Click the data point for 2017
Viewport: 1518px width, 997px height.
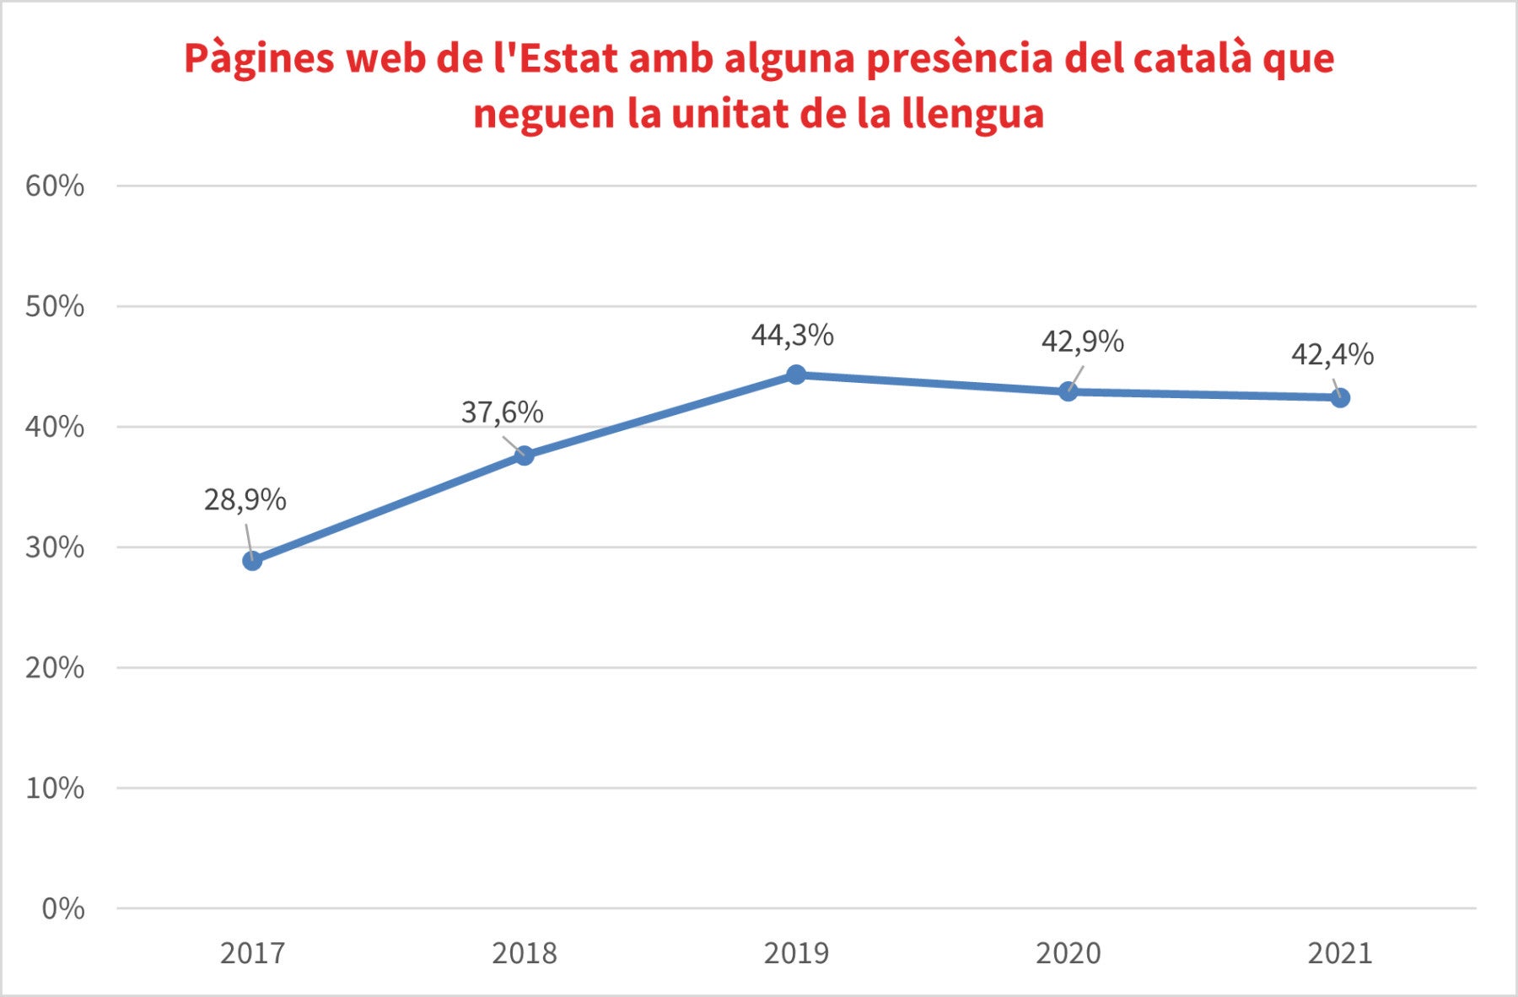point(252,561)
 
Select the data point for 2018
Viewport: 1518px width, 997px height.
point(524,455)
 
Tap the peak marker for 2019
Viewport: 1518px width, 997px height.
point(796,375)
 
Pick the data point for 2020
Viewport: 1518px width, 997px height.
point(1068,391)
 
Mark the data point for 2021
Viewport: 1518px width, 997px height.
point(1340,397)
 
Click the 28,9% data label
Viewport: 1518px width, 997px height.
point(245,500)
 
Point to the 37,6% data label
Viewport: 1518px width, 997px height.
point(502,412)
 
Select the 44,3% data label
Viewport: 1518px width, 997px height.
point(792,336)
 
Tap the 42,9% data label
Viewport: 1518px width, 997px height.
point(1082,342)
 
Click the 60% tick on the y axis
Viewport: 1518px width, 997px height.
point(56,186)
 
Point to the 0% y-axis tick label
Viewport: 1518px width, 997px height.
point(63,908)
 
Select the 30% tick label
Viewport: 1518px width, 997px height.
point(56,547)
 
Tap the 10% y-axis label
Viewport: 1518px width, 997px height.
point(56,788)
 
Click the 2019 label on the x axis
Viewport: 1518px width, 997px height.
point(796,953)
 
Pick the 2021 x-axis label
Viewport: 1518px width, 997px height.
point(1340,953)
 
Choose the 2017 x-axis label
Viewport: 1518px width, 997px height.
point(252,953)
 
